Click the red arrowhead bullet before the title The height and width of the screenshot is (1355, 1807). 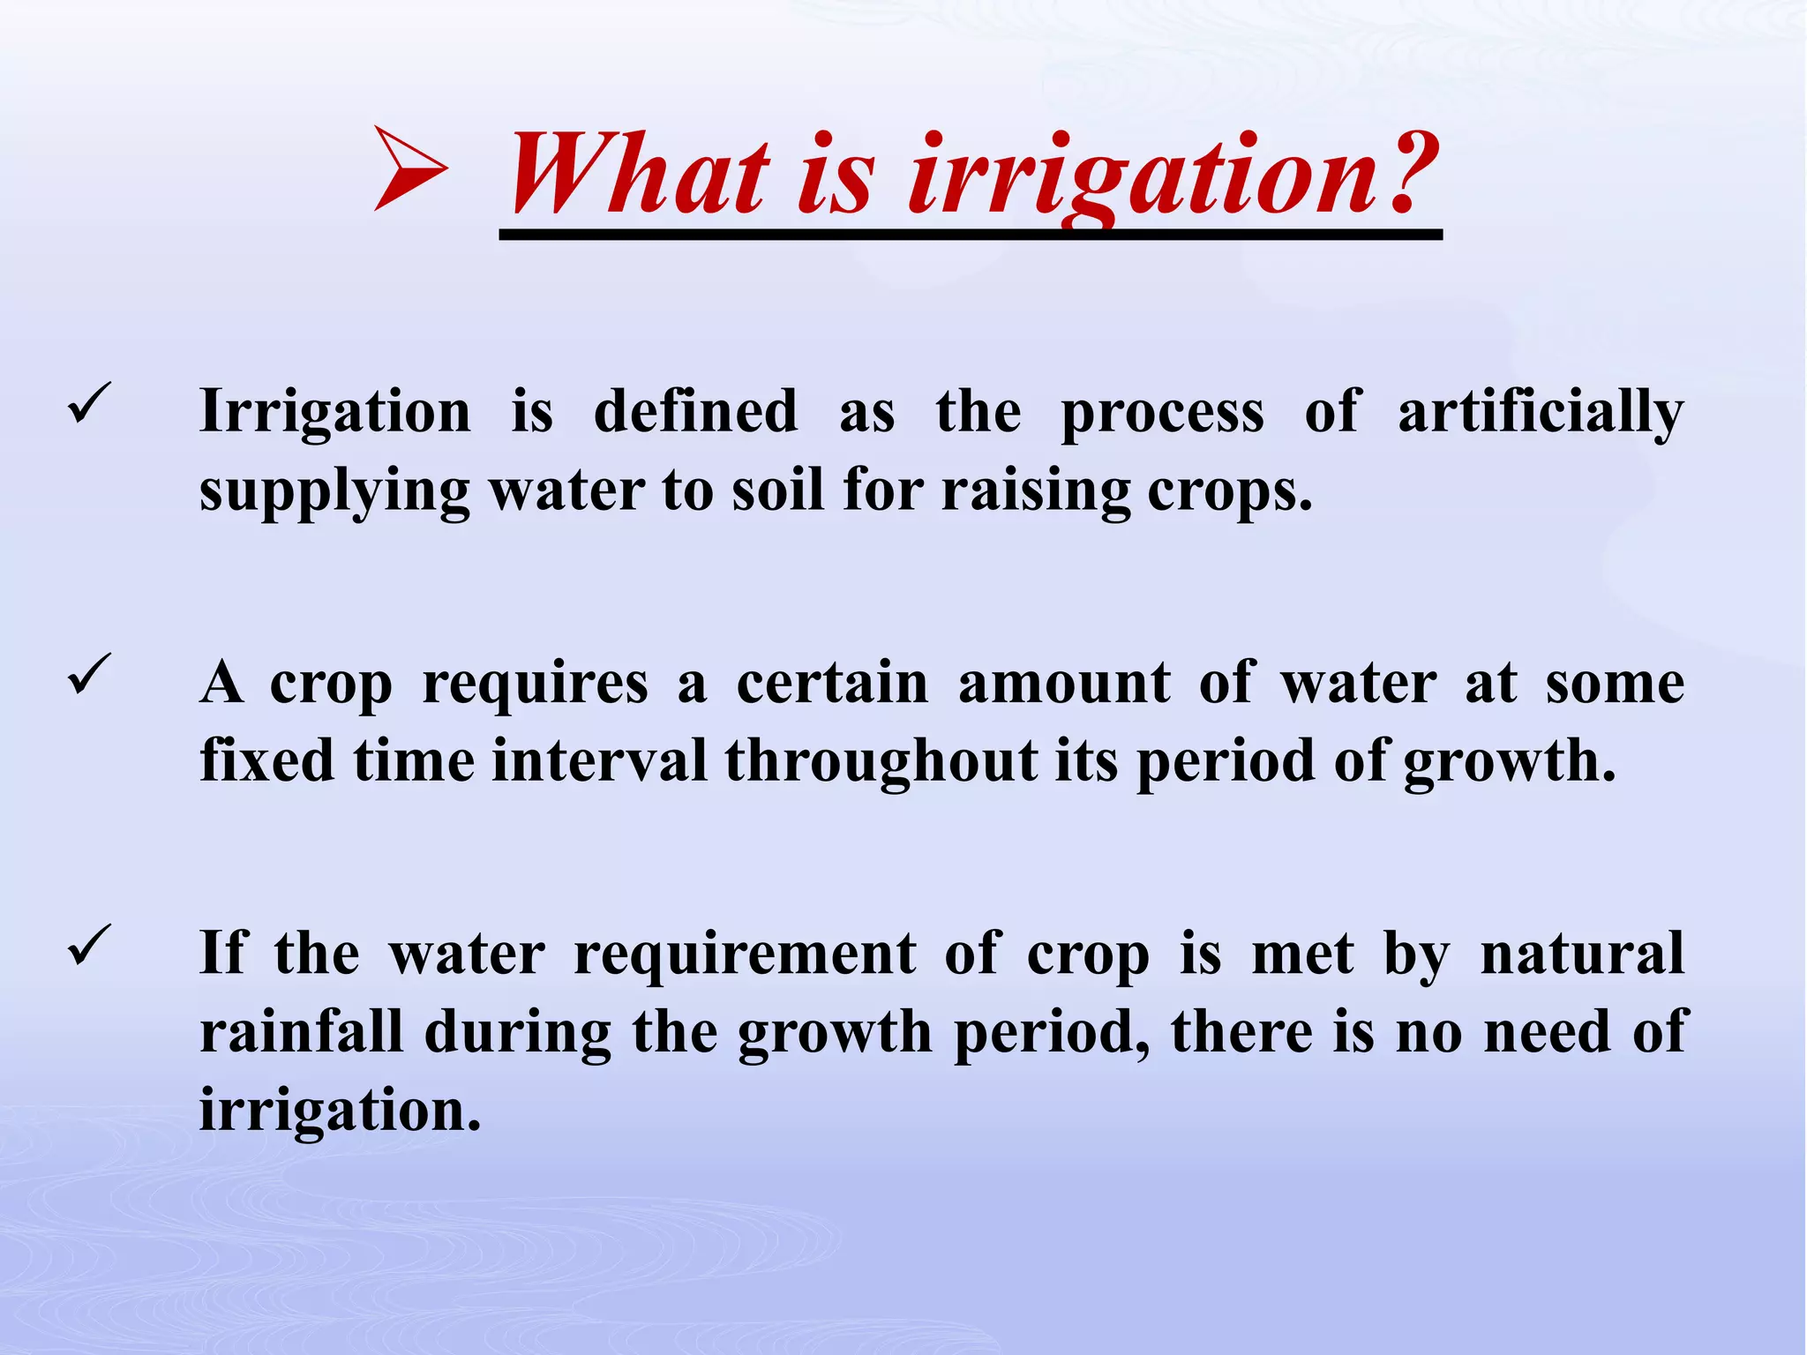[x=409, y=168]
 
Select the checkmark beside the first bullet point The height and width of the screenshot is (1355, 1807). [x=89, y=405]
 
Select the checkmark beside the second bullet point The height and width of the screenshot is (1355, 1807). [x=89, y=676]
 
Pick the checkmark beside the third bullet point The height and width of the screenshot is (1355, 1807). [x=89, y=947]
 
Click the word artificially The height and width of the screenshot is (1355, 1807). [x=1541, y=413]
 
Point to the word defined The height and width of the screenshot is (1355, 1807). [x=695, y=411]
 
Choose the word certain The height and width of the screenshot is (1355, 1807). [x=832, y=683]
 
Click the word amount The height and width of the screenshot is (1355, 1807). [x=1064, y=683]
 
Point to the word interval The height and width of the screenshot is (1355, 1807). [x=599, y=760]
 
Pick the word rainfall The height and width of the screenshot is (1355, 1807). [x=302, y=1031]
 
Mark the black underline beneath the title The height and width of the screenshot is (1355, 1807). [x=971, y=235]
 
